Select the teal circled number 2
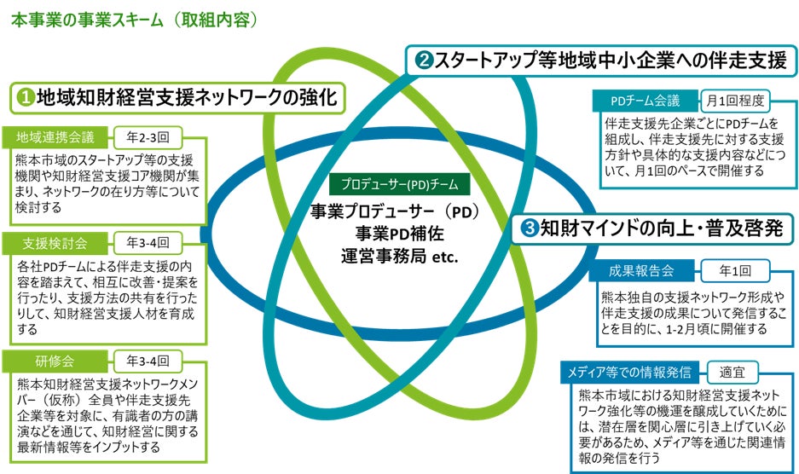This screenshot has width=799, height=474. point(424,61)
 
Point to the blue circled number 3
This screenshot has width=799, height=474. point(529,228)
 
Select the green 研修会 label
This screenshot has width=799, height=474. point(53,361)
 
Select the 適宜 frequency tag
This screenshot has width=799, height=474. point(732,372)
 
